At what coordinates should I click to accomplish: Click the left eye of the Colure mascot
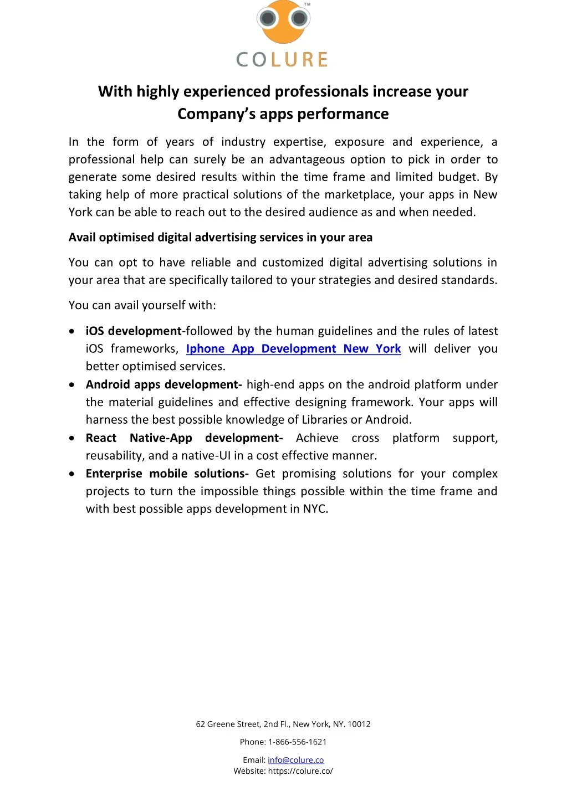point(269,19)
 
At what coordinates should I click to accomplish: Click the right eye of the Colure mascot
point(300,19)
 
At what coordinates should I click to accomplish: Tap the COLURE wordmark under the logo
point(283,59)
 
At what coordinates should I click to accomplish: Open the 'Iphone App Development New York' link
point(293,349)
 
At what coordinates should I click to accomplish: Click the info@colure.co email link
point(295,760)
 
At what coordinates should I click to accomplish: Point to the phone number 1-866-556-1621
point(298,742)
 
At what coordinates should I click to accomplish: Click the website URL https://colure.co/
point(300,771)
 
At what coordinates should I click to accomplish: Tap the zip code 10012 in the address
point(359,724)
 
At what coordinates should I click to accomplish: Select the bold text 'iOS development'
point(134,331)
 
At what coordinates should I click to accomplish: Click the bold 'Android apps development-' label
point(164,385)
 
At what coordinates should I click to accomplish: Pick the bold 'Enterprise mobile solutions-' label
point(167,474)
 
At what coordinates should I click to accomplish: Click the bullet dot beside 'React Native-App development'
point(72,438)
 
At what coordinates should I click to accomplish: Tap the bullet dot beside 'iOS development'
point(72,331)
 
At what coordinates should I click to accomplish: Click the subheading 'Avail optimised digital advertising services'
point(220,238)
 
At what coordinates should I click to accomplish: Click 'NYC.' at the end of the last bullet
point(315,509)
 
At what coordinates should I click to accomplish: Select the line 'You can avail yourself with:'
point(142,305)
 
